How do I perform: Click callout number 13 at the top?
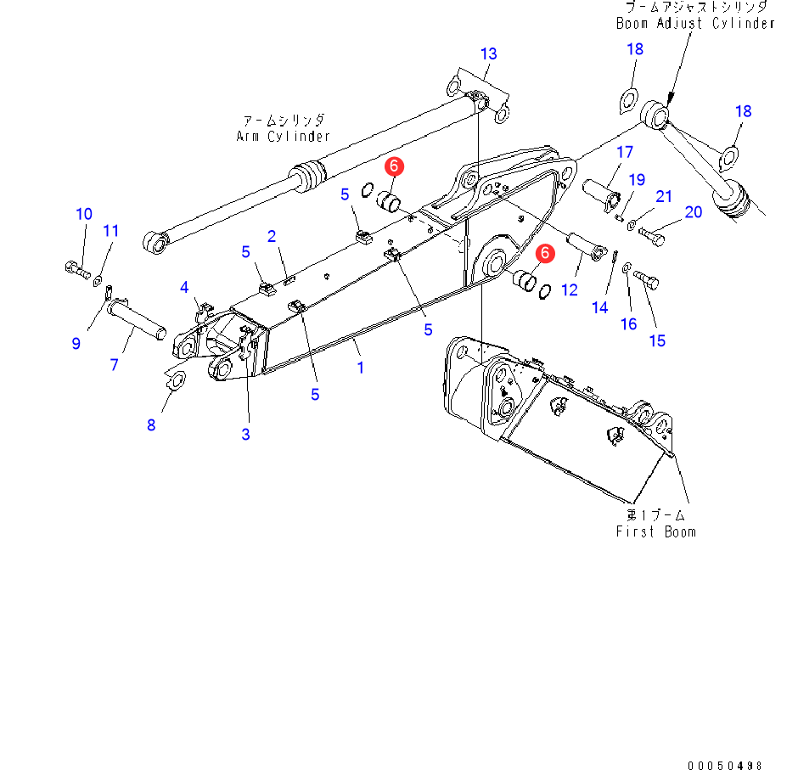pos(488,54)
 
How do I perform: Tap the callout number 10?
pos(84,214)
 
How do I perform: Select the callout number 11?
pos(112,231)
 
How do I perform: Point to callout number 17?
pos(625,153)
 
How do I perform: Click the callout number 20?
pos(694,211)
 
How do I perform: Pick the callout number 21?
pos(664,197)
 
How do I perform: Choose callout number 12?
pos(570,289)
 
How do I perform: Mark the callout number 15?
pos(657,340)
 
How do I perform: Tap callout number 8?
pos(151,424)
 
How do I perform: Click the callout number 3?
pos(245,435)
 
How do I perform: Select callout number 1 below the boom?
pos(360,368)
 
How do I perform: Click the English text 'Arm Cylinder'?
pos(283,136)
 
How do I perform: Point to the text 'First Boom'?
pos(655,531)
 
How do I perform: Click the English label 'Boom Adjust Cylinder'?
pos(695,23)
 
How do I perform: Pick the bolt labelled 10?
pos(76,270)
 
